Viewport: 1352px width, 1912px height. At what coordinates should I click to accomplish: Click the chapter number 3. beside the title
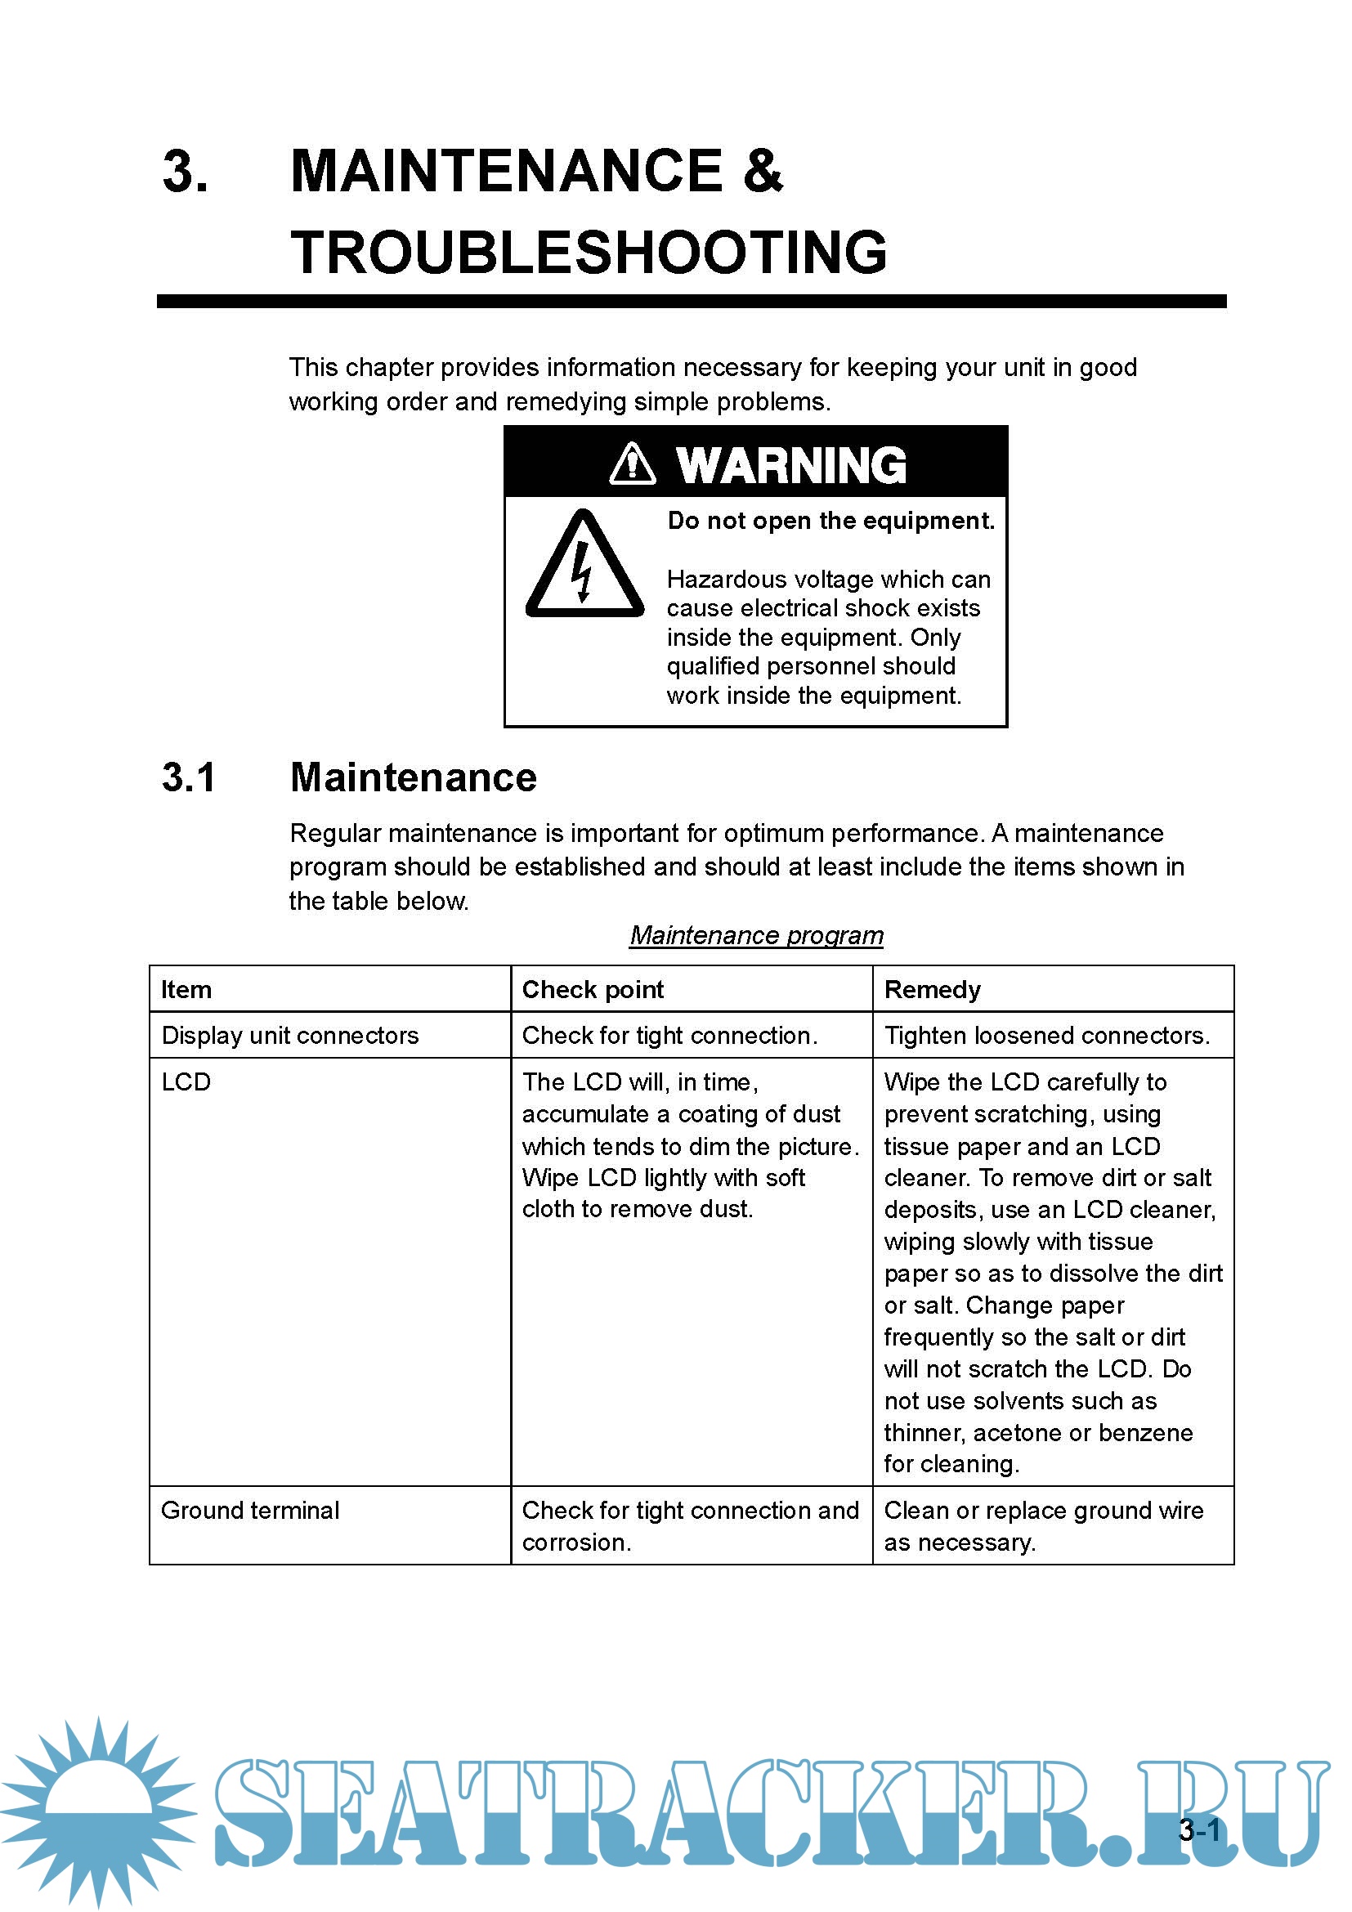pos(185,172)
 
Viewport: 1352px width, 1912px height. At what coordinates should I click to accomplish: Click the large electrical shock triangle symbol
pos(584,567)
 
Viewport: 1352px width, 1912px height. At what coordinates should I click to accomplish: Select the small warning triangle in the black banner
pos(633,463)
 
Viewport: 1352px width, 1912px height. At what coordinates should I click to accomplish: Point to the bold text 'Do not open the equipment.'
pos(830,521)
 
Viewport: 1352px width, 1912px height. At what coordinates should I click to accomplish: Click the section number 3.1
pos(189,777)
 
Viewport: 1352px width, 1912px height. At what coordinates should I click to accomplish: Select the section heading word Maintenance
pos(413,777)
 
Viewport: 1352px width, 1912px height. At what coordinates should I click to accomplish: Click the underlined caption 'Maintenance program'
pos(756,935)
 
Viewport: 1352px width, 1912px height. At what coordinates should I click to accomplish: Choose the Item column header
pos(186,989)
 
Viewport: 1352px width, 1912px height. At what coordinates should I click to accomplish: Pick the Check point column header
pos(593,989)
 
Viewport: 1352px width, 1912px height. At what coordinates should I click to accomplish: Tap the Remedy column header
pos(933,989)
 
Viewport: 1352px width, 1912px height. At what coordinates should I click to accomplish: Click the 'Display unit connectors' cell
pos(289,1035)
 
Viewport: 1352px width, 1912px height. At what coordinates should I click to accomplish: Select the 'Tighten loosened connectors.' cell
pos(1046,1035)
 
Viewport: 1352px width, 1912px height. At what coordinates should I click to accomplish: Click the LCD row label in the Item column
pos(186,1081)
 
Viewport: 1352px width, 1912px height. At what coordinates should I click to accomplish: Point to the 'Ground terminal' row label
pos(251,1510)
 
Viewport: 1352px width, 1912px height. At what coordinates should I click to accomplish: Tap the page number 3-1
pos(1199,1829)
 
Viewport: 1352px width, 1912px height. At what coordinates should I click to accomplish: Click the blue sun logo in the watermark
pos(98,1807)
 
